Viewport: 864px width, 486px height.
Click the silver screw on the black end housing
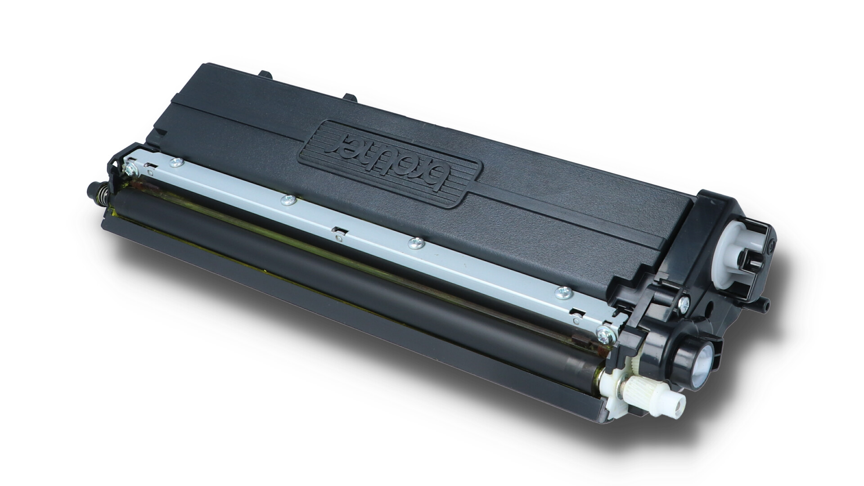pyautogui.click(x=685, y=301)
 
